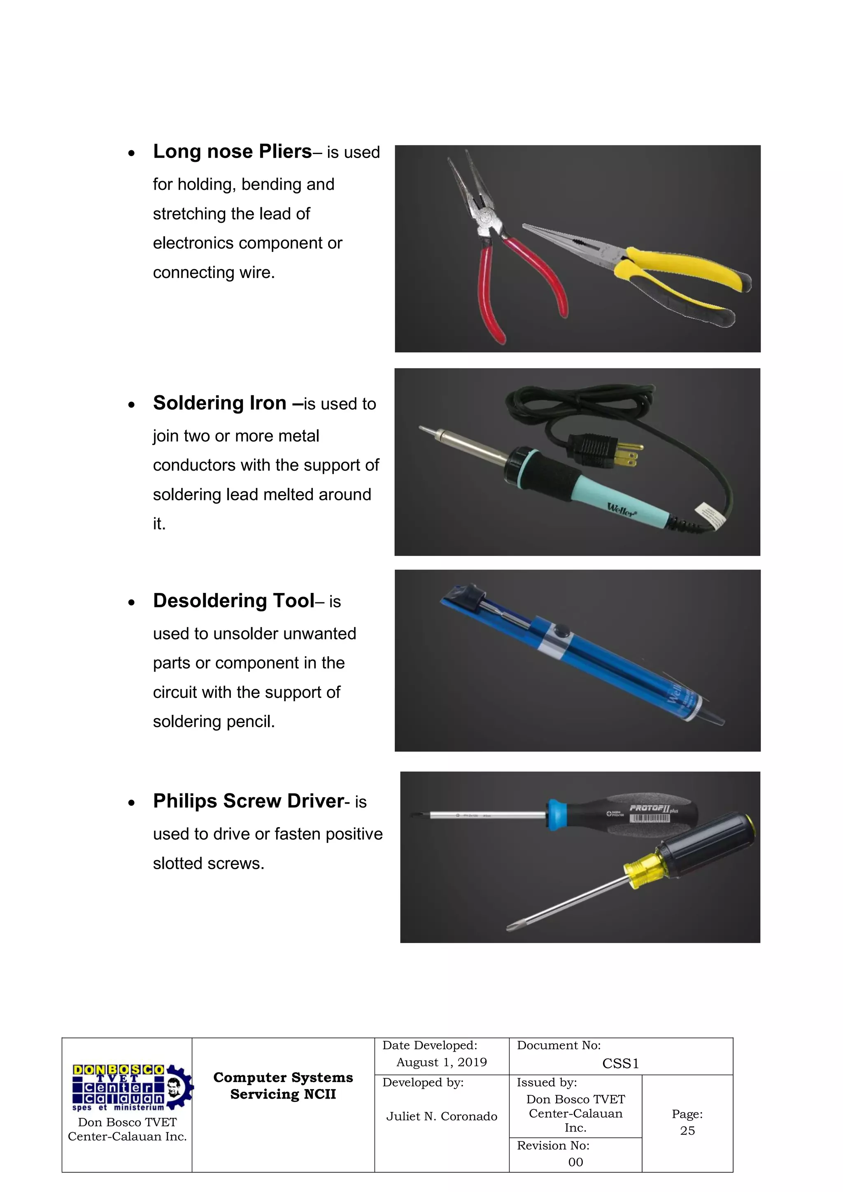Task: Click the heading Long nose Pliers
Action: [232, 152]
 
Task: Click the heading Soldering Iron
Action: [219, 403]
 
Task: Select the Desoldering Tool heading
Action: [233, 601]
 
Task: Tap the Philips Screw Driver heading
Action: [249, 801]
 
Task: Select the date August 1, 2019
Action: [442, 1062]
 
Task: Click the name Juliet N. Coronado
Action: [442, 1116]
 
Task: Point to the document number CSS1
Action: [620, 1064]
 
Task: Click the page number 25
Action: [687, 1130]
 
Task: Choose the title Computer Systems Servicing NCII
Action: [283, 1086]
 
